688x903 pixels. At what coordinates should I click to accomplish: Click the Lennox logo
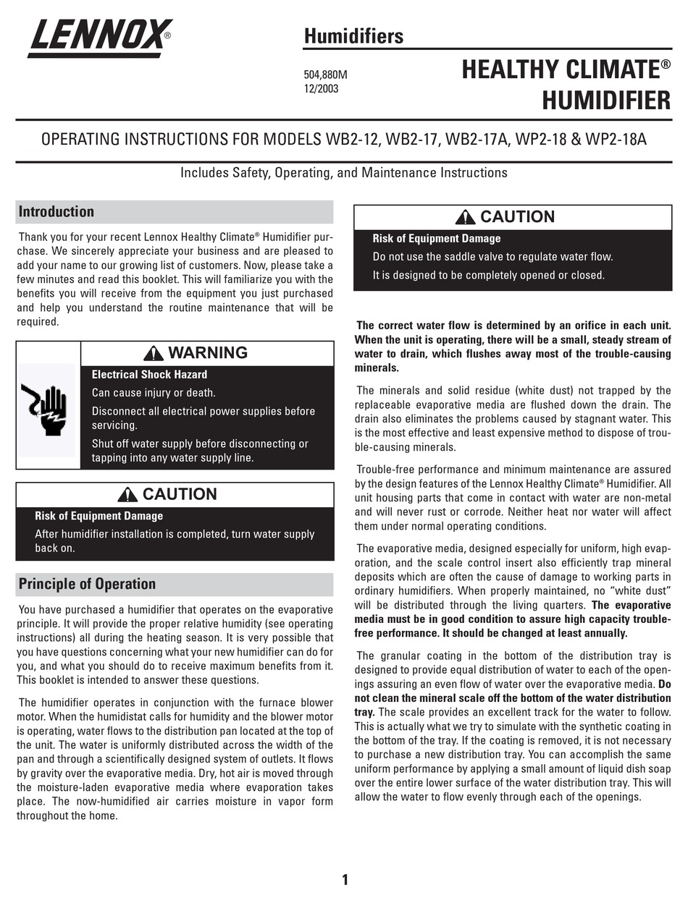[x=99, y=38]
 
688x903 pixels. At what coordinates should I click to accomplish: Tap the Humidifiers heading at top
[x=353, y=35]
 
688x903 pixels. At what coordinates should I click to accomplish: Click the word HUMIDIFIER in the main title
[x=606, y=101]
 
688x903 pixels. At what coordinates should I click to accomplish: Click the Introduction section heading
[x=56, y=212]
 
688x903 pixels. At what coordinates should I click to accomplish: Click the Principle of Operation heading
[x=87, y=584]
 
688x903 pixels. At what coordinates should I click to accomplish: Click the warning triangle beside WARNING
[x=154, y=353]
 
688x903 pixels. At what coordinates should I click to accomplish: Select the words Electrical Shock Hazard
[x=149, y=375]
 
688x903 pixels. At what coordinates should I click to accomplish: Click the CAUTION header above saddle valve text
[x=516, y=217]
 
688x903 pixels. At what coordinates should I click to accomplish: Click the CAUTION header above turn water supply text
[x=179, y=494]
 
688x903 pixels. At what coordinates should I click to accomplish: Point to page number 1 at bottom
[x=345, y=880]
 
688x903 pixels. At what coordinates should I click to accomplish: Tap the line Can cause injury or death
[x=154, y=393]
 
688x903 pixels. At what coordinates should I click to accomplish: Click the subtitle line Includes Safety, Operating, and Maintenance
[x=343, y=173]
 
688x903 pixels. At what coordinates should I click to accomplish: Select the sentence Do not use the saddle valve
[x=492, y=257]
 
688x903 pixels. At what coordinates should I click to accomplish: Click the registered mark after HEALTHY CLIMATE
[x=666, y=64]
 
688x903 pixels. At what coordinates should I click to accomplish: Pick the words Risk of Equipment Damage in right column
[x=436, y=239]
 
